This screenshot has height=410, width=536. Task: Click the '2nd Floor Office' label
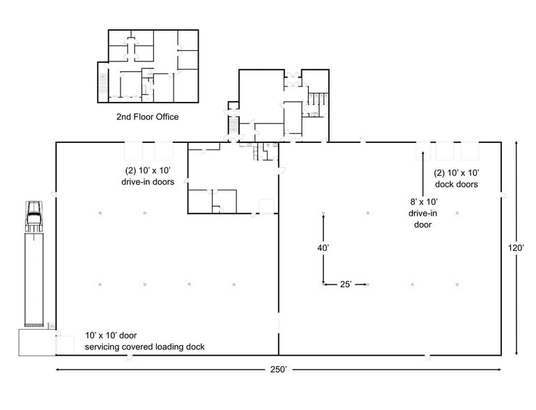[147, 117]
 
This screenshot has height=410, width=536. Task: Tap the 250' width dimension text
[279, 370]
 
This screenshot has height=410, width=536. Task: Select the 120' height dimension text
[516, 248]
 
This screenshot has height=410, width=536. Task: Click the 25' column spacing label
[345, 284]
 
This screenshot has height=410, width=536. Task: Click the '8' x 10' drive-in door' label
[423, 213]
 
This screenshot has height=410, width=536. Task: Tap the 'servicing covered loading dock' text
[144, 347]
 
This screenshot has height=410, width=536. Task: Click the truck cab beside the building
[33, 215]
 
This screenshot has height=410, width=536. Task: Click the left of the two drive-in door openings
[133, 151]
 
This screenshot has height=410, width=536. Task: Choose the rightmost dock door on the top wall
[469, 151]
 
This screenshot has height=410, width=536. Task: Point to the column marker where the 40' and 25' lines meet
[323, 284]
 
